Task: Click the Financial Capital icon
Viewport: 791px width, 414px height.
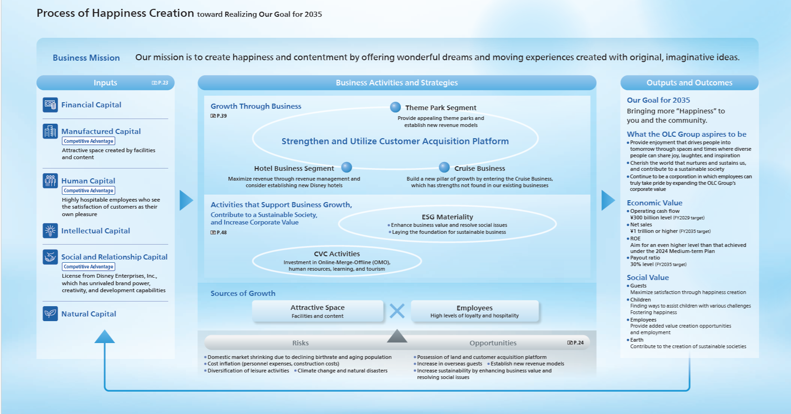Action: coord(50,105)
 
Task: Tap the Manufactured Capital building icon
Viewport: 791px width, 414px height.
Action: coord(50,131)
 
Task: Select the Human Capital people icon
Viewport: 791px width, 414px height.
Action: coord(50,181)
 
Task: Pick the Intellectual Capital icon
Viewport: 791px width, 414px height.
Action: coord(50,231)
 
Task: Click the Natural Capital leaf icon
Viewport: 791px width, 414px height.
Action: coord(50,314)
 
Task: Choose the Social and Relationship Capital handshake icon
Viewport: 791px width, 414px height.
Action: coord(50,257)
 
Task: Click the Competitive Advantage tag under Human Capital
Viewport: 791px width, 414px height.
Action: coord(89,190)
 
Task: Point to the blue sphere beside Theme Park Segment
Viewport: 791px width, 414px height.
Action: coord(395,107)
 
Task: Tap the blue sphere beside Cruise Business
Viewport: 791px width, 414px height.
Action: coord(445,168)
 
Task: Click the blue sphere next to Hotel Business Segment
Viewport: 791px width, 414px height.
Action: coord(346,168)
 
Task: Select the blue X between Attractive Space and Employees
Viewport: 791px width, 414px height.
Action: coord(397,311)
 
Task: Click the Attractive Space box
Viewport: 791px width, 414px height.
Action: coord(318,311)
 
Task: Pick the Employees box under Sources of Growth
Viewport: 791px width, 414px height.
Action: coord(474,311)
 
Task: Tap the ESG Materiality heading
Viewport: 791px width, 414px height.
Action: coord(447,217)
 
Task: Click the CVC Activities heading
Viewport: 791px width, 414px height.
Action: coord(337,254)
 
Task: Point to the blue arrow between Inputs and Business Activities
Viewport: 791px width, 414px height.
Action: coord(186,200)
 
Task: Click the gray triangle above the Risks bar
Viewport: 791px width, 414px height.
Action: coord(397,336)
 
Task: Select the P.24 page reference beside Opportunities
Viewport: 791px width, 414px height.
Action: coord(575,343)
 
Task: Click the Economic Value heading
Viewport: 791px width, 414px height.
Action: coord(654,203)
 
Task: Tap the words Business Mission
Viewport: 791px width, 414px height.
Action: coord(86,58)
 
